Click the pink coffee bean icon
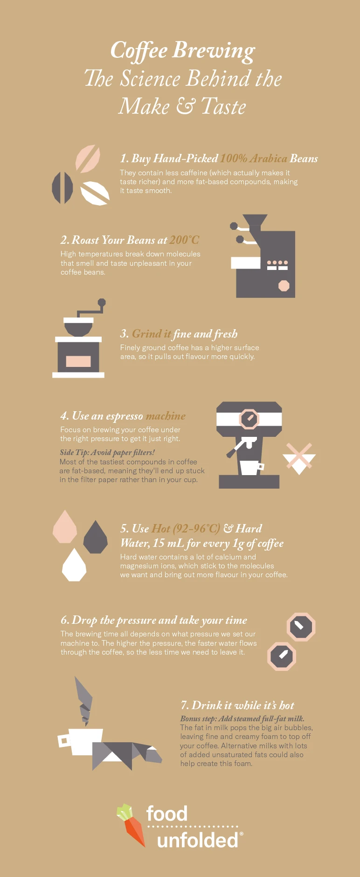point(88,159)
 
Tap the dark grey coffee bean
point(62,188)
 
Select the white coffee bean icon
point(95,193)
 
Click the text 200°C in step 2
point(184,240)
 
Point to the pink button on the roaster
point(284,285)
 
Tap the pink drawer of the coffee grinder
point(78,361)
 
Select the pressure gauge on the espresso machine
point(249,419)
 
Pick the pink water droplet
point(65,527)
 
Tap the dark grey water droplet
point(96,538)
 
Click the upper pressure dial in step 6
point(300,627)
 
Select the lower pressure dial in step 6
point(282,656)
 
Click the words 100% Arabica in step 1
point(254,159)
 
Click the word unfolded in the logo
point(198,840)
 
